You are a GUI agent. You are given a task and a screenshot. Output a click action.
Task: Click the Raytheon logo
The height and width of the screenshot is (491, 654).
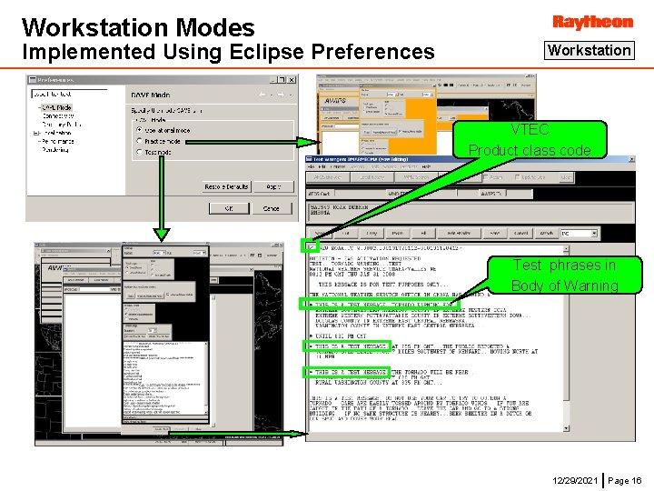coord(592,21)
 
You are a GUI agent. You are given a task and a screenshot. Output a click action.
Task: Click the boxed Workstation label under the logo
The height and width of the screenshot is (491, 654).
coord(589,51)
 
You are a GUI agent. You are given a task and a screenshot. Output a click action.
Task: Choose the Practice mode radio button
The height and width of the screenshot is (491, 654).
coord(139,141)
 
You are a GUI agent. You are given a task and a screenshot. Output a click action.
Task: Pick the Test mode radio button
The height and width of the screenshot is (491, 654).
coord(139,152)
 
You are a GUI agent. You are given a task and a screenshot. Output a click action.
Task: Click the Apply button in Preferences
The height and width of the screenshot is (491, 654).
coord(272,186)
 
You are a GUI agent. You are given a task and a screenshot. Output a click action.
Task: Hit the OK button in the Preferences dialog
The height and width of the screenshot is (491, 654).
coord(228,208)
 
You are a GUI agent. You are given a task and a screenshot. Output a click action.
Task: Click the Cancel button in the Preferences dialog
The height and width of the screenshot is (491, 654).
coord(272,208)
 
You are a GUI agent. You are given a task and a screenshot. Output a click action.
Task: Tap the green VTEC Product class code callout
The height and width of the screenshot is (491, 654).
coord(530,140)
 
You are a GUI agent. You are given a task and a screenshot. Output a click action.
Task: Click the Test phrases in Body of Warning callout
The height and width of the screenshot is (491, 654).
coord(564,276)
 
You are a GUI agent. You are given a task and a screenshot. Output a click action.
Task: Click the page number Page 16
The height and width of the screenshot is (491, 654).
coord(624,479)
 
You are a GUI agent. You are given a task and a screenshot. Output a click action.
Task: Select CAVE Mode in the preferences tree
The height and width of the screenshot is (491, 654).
coord(57,107)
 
